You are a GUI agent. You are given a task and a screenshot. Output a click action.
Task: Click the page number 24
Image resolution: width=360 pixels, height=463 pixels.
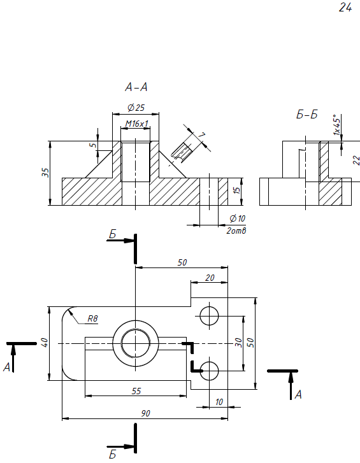tap(345, 8)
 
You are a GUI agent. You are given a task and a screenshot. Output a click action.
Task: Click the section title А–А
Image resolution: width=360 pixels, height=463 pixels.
tap(136, 87)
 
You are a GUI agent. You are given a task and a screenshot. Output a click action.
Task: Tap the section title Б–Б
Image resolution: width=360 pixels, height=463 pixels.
tap(307, 114)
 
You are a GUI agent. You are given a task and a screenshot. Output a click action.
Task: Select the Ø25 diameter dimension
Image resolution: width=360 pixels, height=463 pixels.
tap(136, 108)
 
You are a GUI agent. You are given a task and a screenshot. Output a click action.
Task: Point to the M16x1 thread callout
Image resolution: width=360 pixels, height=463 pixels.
tap(136, 124)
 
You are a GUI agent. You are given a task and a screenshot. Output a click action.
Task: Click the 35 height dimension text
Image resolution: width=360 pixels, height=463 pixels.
tap(45, 173)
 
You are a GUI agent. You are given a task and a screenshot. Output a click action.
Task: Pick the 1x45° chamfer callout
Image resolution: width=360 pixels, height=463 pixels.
tap(336, 125)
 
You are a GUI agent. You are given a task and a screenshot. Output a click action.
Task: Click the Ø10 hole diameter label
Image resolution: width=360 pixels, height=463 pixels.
tap(238, 218)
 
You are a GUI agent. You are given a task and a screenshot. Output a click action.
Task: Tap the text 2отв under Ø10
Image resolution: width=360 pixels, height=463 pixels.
tap(236, 231)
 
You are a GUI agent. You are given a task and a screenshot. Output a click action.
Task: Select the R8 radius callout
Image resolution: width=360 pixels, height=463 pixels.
tap(92, 318)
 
